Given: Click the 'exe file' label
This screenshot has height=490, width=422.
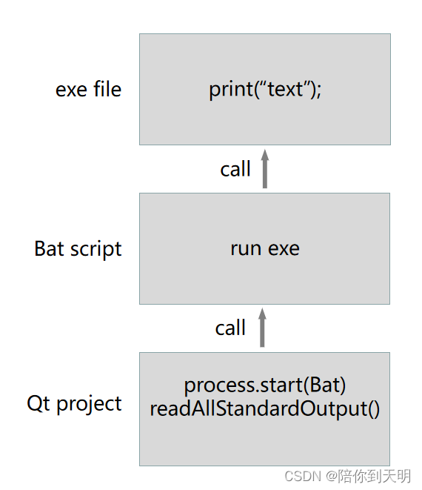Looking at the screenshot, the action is click(88, 90).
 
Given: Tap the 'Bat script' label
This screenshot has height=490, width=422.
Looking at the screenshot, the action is click(78, 249).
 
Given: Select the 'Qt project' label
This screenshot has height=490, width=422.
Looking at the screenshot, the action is click(74, 404).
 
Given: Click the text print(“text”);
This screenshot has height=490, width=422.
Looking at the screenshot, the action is click(265, 90).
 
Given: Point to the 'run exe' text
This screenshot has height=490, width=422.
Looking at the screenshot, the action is click(265, 249).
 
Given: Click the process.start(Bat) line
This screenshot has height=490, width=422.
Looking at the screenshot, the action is click(265, 385).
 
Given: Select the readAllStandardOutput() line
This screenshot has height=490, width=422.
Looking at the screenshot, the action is click(265, 408).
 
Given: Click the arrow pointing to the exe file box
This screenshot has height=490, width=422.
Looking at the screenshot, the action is click(265, 169).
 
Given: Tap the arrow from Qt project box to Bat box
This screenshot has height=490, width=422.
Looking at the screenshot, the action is click(263, 328).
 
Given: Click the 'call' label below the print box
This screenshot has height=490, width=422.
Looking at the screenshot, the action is click(235, 169).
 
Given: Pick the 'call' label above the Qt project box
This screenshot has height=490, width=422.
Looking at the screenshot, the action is click(230, 328).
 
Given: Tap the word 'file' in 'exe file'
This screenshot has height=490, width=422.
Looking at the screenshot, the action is click(107, 89).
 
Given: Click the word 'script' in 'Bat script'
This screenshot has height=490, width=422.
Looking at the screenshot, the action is click(96, 250).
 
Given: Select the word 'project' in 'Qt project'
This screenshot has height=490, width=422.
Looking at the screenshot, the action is click(90, 404).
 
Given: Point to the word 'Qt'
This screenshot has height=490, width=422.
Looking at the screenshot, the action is click(38, 403).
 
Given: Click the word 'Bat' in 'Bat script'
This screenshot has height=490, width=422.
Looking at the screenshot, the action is click(50, 248).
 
